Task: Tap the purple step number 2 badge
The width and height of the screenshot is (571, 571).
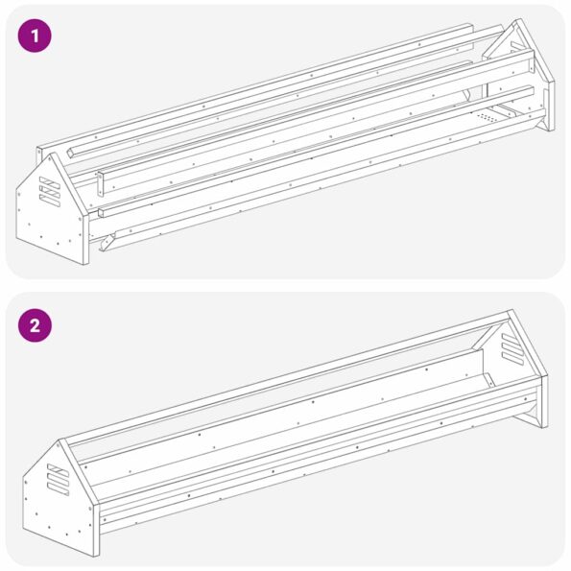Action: click(x=36, y=324)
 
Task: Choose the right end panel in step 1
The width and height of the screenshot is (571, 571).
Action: click(x=528, y=77)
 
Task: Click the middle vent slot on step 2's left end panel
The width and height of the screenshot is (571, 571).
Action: click(x=57, y=477)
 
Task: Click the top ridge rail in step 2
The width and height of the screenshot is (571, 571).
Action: click(x=288, y=376)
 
